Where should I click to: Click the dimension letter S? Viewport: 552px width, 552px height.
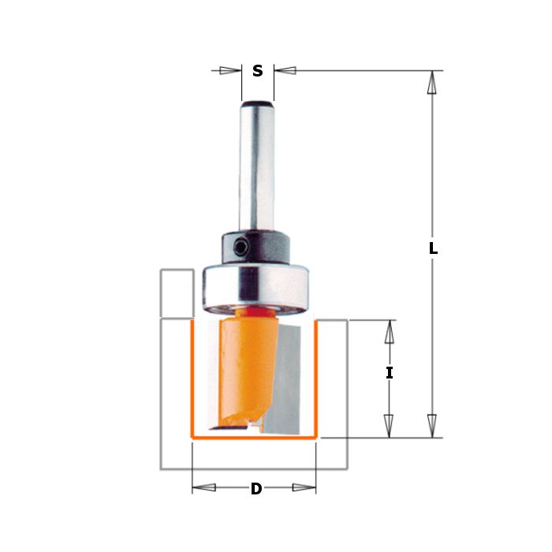tap(258, 71)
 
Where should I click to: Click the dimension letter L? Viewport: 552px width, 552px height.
tap(434, 248)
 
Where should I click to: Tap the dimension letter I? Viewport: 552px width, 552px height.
tap(389, 373)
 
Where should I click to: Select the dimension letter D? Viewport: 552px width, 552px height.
tap(256, 489)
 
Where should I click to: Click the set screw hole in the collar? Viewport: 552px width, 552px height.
tap(241, 248)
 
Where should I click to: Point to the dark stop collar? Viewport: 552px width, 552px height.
tap(256, 247)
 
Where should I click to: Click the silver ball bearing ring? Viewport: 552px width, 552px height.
tap(255, 289)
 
